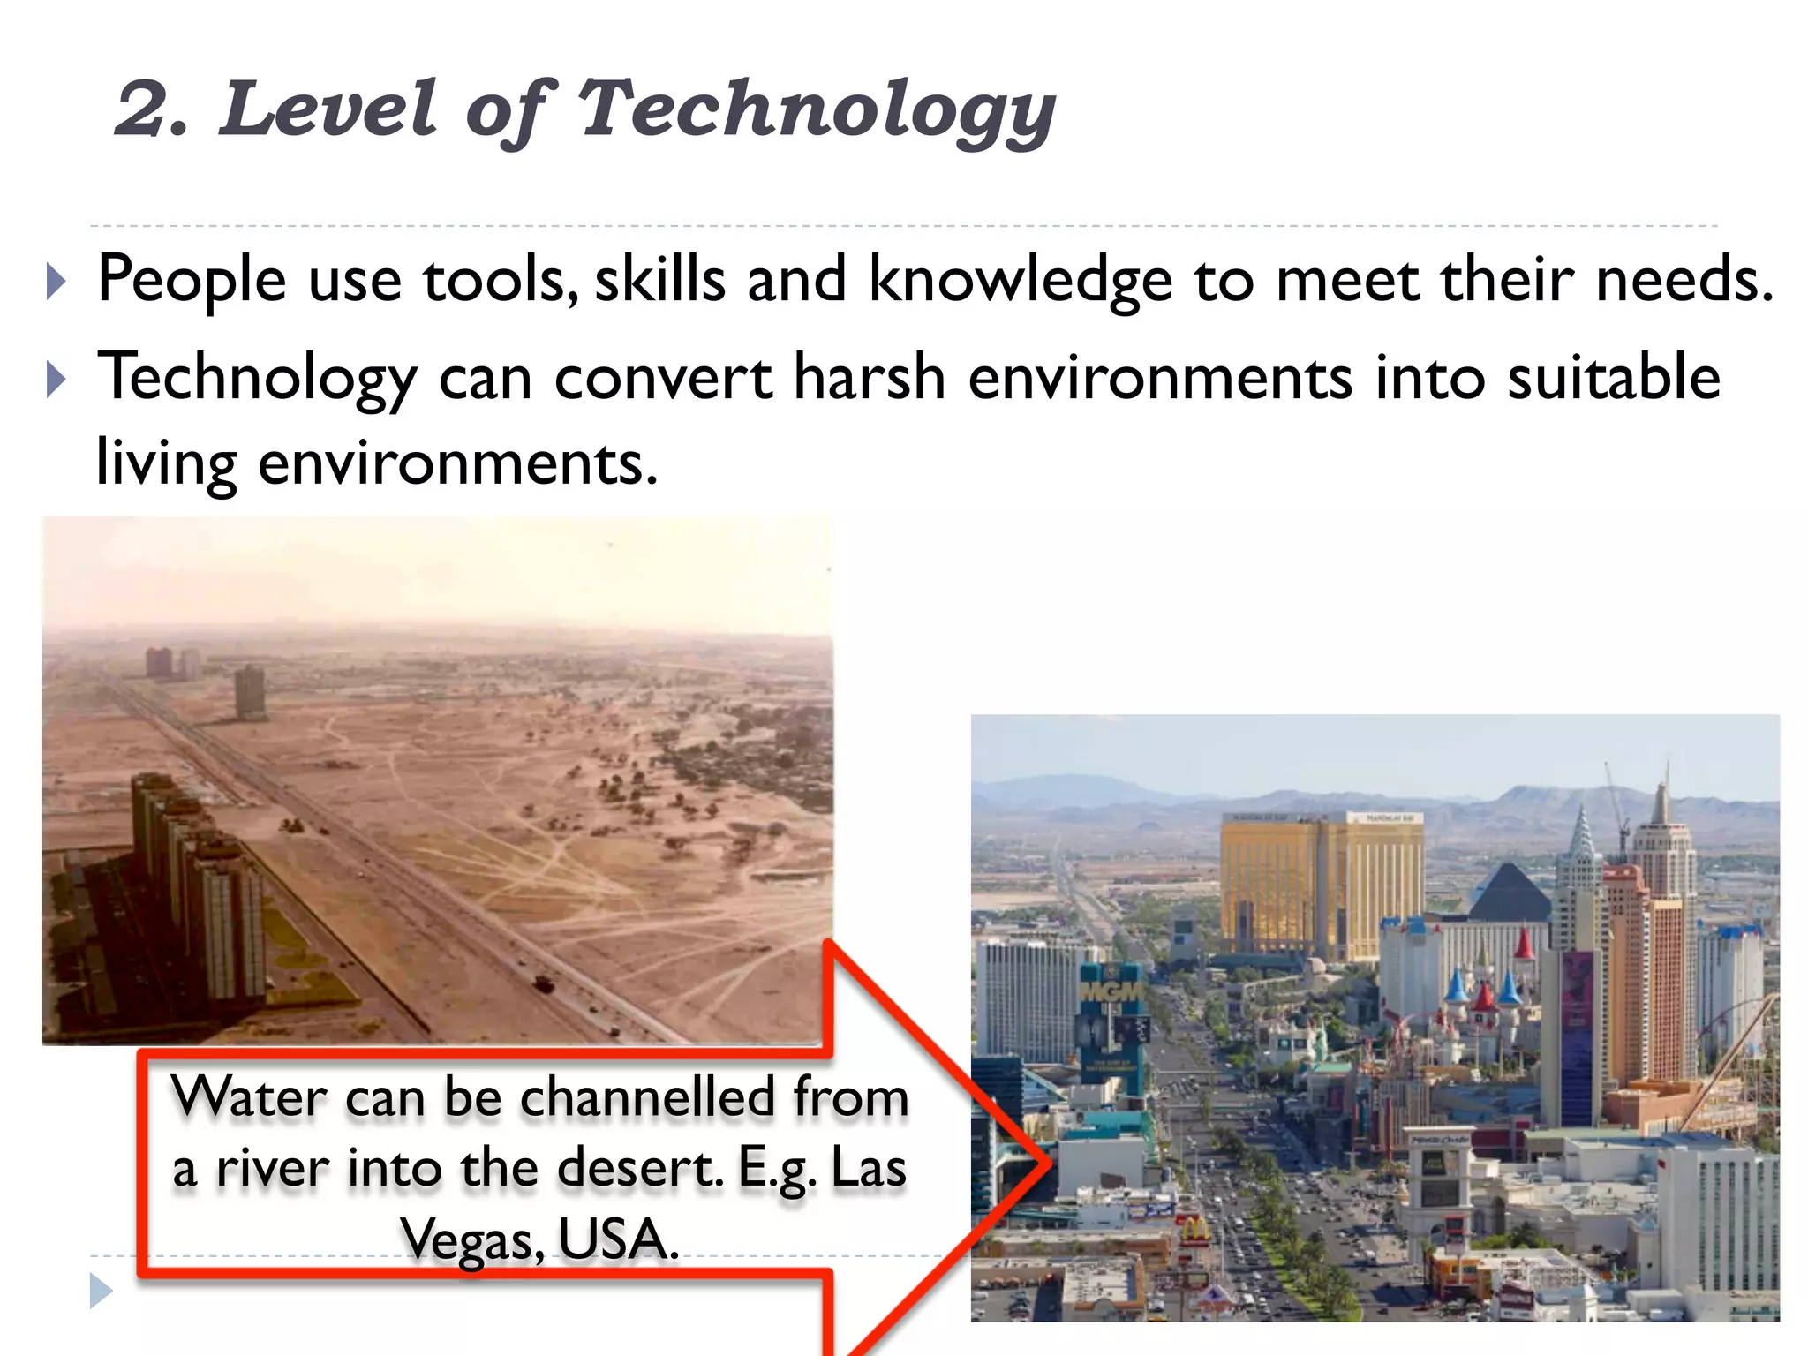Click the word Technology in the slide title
click(x=816, y=109)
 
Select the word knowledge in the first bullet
click(x=1021, y=280)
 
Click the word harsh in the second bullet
click(x=870, y=378)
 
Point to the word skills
click(x=659, y=280)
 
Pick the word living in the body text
click(x=166, y=463)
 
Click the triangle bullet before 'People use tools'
click(x=56, y=282)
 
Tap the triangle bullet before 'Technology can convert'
click(x=56, y=380)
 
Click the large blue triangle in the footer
click(x=101, y=1292)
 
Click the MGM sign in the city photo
click(x=1111, y=993)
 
